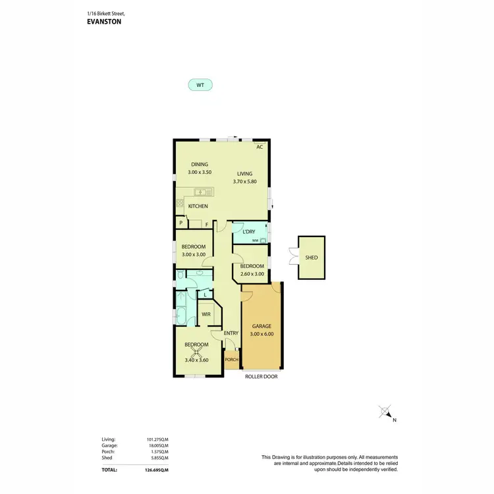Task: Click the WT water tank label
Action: (x=200, y=85)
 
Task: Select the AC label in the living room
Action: (x=260, y=147)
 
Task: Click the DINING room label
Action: (x=200, y=165)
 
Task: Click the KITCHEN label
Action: (x=198, y=206)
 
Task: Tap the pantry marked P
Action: (x=180, y=224)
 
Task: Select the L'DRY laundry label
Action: (x=248, y=232)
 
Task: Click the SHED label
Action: (x=311, y=257)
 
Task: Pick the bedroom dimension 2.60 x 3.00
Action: (x=252, y=274)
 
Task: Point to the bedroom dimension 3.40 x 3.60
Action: (x=196, y=360)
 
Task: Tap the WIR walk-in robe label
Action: (x=206, y=314)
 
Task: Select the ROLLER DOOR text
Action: (x=261, y=377)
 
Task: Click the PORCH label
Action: (x=231, y=360)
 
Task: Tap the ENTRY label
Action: (x=231, y=333)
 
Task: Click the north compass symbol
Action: (x=386, y=413)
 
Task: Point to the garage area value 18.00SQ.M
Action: (x=157, y=445)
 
